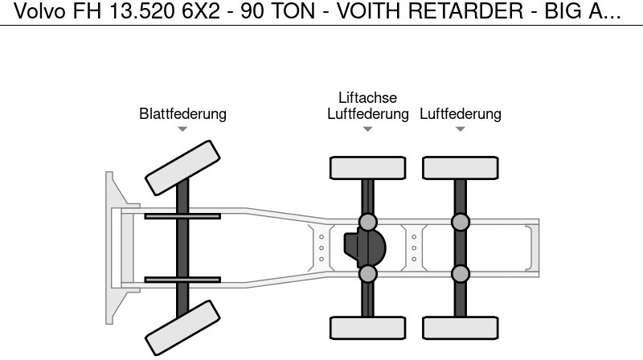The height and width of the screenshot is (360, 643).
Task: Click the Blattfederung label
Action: [182, 114]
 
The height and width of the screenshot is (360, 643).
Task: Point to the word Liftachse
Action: [367, 98]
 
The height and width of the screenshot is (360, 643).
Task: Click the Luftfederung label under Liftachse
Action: [367, 114]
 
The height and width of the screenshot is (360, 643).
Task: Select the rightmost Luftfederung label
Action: [460, 114]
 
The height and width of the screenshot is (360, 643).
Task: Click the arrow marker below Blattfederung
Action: [182, 129]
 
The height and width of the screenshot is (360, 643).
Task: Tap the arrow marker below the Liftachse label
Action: [367, 129]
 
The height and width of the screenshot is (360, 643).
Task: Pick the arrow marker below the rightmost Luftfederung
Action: [460, 129]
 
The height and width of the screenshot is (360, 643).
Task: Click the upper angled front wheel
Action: [182, 167]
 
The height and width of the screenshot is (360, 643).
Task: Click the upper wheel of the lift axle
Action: [367, 168]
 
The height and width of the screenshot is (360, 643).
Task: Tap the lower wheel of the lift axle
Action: [367, 328]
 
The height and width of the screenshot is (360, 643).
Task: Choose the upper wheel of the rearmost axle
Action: [460, 168]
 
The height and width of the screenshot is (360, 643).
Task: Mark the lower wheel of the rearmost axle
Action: [460, 328]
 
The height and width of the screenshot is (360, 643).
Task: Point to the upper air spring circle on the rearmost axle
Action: [460, 222]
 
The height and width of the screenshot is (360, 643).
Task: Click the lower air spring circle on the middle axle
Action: [367, 274]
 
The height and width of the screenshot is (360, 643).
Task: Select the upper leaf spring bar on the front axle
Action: [182, 216]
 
